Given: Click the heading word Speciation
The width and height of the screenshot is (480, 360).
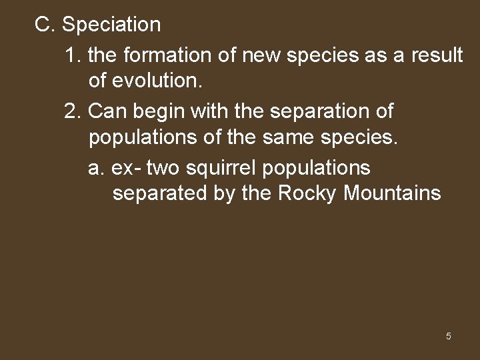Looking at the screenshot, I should coord(111,25).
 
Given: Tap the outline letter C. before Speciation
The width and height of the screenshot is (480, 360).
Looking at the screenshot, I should coord(45,25).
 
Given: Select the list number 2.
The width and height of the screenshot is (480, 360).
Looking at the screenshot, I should coord(73,111).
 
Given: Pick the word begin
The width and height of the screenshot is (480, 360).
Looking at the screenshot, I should coord(161,111).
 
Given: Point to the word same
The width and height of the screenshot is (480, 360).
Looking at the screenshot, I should coord(279,139).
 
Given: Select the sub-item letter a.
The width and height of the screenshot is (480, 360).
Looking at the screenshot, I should coord(97,167).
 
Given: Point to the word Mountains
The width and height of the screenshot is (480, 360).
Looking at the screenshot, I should coord(393,194).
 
